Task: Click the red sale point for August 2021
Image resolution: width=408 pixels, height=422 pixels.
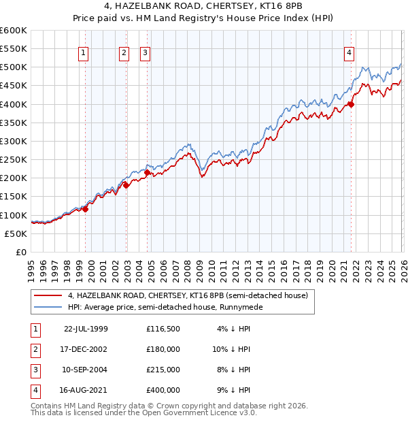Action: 352,104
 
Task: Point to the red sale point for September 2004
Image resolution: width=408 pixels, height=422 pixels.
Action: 148,173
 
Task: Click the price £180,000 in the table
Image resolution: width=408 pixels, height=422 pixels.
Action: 163,349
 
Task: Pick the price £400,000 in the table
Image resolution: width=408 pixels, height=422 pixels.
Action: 163,390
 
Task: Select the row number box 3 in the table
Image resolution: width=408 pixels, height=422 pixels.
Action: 33,370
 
